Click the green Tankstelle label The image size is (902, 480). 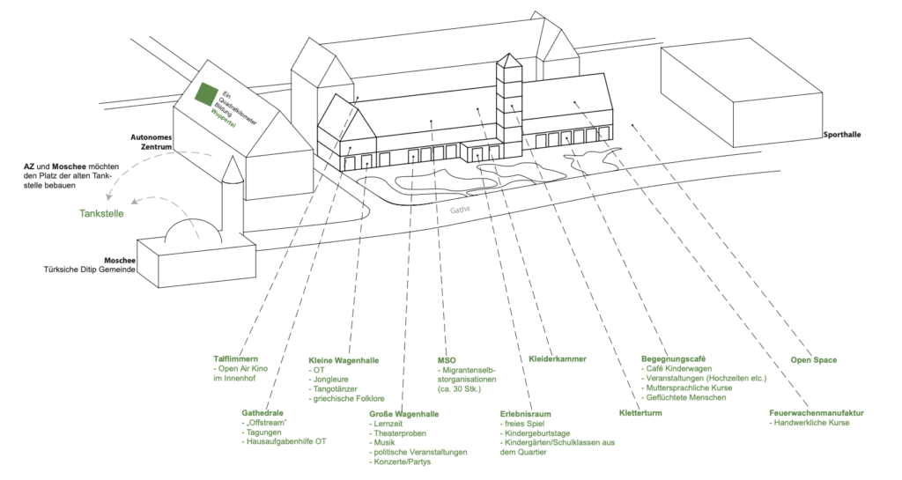(101, 212)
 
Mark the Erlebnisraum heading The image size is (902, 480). (526, 412)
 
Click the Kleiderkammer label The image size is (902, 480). (557, 359)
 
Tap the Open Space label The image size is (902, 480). (813, 359)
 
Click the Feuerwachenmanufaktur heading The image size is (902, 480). (816, 412)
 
